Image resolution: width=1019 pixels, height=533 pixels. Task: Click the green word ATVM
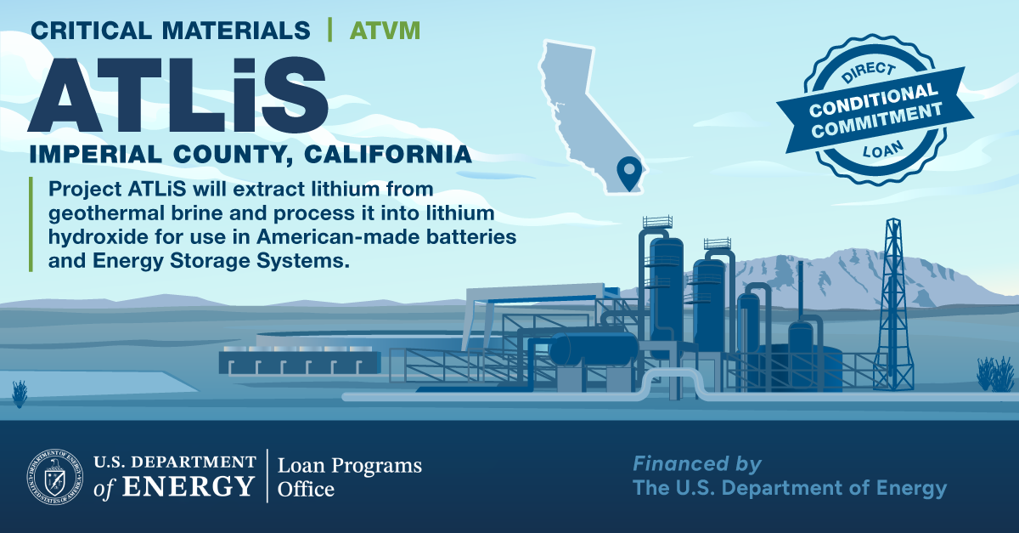click(385, 31)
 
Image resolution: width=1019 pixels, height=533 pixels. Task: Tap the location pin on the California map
click(629, 172)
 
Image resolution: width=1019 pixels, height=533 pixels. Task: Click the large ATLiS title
click(177, 95)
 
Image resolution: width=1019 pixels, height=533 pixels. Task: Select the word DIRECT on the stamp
click(869, 72)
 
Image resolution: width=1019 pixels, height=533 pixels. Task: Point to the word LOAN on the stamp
click(883, 150)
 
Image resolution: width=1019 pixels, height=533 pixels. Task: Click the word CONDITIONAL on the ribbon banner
click(874, 99)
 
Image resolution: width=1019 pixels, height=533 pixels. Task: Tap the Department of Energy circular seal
click(55, 477)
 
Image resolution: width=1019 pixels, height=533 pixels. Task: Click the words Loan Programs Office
click(349, 477)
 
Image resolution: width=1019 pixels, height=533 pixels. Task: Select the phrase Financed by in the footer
click(697, 464)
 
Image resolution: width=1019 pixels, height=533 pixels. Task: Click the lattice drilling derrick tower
click(893, 304)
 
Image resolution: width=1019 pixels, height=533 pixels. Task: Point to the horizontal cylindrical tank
click(594, 349)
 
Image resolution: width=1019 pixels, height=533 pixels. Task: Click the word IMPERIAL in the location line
click(95, 154)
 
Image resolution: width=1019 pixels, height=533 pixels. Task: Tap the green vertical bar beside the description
click(31, 224)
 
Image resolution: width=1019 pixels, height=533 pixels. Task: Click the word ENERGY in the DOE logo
click(188, 486)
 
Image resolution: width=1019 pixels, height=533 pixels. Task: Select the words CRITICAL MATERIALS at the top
click(170, 31)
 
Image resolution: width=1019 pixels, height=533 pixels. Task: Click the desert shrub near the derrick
click(995, 374)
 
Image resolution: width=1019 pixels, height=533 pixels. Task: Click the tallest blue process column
click(666, 292)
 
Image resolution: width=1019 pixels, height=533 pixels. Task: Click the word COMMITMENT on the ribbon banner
click(877, 120)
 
